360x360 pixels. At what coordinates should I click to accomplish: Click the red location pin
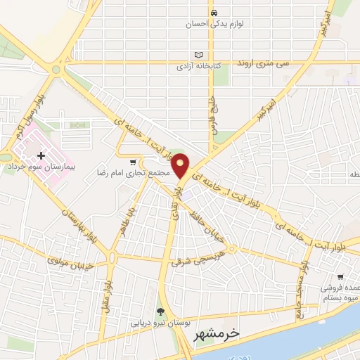coord(181,165)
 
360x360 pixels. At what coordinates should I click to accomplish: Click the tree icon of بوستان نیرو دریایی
coord(160,312)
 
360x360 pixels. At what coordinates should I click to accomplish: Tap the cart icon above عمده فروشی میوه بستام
coord(341,277)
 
